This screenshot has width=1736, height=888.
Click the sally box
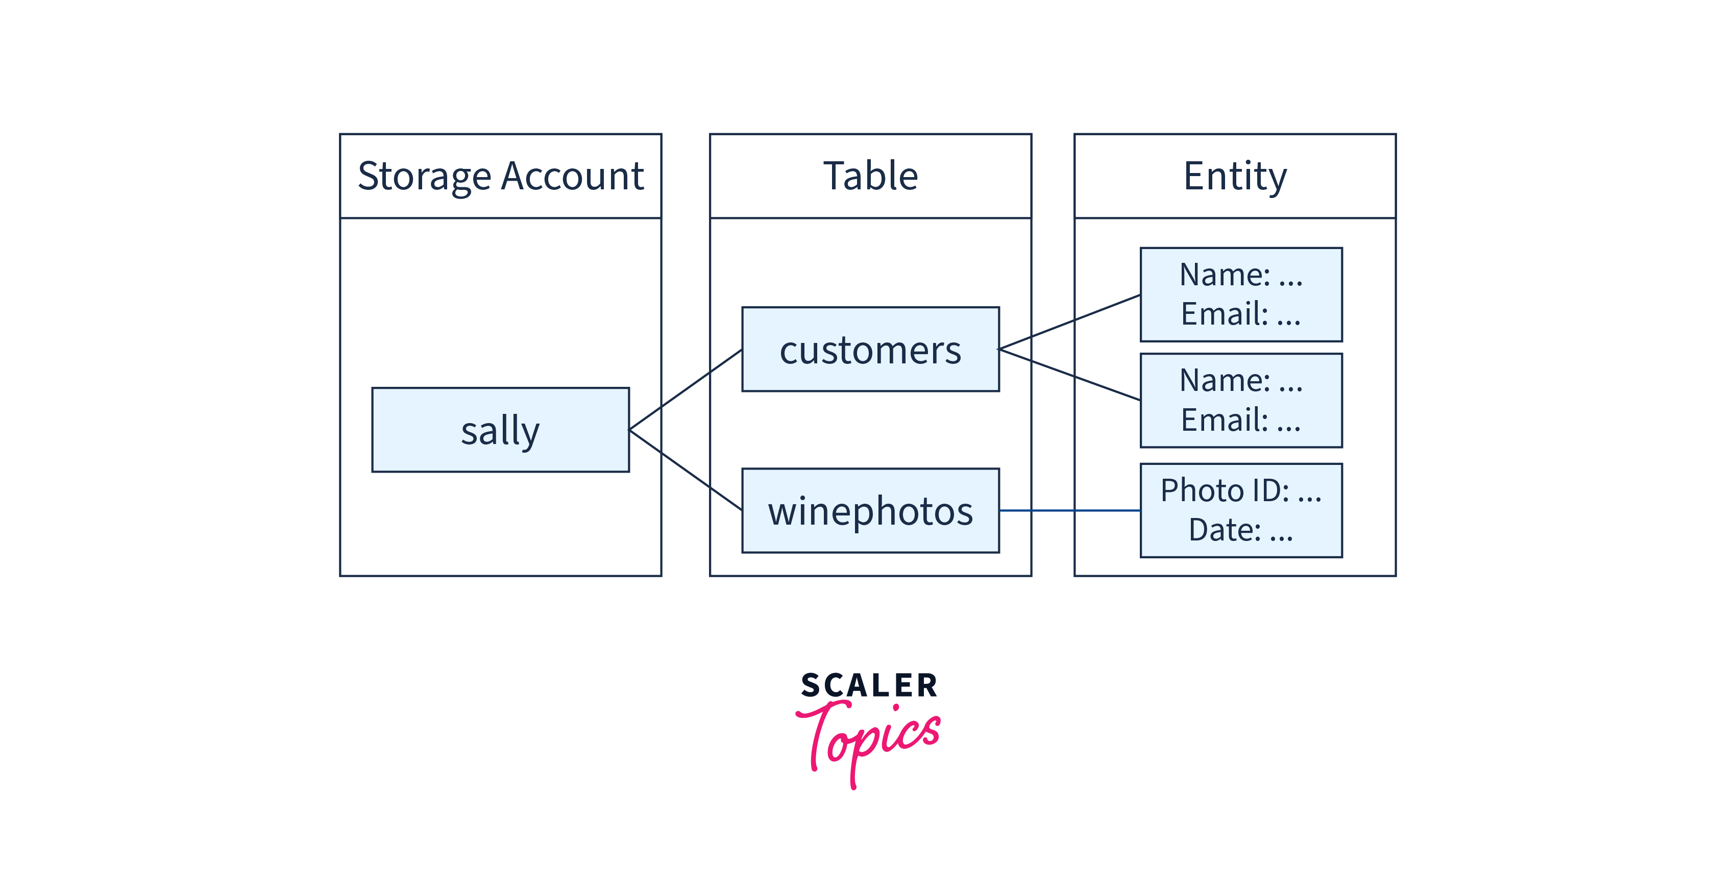click(500, 430)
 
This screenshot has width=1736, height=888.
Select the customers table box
click(870, 350)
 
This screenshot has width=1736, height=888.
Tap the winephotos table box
click(870, 511)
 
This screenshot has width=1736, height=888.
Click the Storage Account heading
click(500, 176)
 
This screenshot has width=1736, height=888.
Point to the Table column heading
click(870, 176)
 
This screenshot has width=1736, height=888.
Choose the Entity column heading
click(1235, 176)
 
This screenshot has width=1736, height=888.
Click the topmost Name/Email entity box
click(1241, 294)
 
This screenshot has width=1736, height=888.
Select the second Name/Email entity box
click(1241, 400)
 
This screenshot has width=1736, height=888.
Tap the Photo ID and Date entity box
click(1241, 510)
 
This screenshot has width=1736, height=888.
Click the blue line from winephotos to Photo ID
click(1069, 511)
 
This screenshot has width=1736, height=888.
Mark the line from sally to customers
click(686, 389)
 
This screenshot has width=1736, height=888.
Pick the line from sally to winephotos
click(686, 470)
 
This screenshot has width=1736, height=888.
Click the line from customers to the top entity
click(1069, 322)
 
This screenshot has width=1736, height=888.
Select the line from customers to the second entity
click(1069, 375)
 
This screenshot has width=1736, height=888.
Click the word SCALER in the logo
click(869, 686)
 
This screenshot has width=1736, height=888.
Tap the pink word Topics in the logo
click(869, 738)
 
